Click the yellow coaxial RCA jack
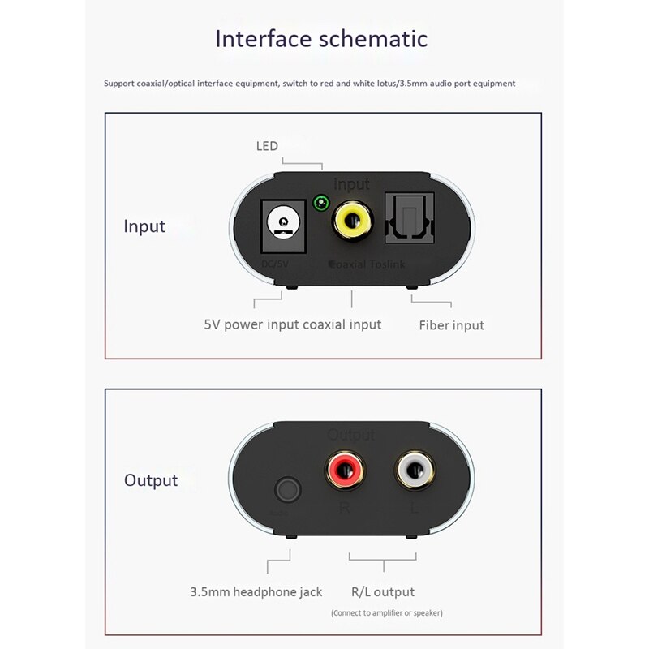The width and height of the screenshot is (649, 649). tap(351, 220)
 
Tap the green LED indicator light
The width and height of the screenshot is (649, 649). tap(321, 203)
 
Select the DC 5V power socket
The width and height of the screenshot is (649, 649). tap(282, 223)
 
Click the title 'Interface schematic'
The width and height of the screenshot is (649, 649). tap(321, 38)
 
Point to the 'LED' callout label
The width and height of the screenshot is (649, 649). tap(267, 146)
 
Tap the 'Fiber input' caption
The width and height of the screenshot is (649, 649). tap(451, 325)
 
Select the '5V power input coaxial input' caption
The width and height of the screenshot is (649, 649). tap(292, 324)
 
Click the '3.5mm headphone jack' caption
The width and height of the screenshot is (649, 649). tap(256, 592)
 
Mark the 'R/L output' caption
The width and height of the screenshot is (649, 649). tap(382, 592)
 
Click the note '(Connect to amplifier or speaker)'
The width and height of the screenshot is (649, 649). tap(386, 613)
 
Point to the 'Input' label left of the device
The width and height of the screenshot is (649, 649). tap(144, 226)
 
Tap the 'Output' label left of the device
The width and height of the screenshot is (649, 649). tap(151, 480)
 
